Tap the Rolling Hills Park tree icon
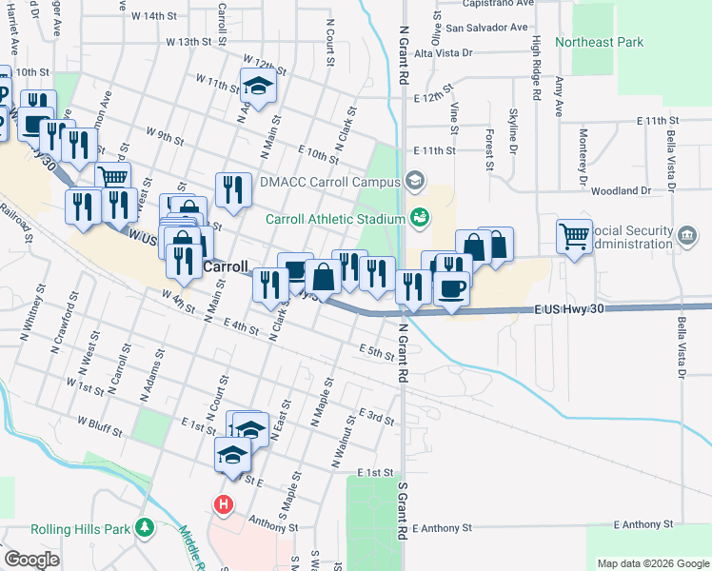pyautogui.click(x=145, y=526)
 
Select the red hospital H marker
pyautogui.click(x=224, y=504)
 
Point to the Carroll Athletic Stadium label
pyautogui.click(x=335, y=219)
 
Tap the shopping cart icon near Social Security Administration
pyautogui.click(x=575, y=235)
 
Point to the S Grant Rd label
pyautogui.click(x=402, y=510)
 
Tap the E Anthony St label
pyautogui.click(x=643, y=524)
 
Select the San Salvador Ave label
pyautogui.click(x=483, y=28)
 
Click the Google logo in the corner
pyautogui.click(x=31, y=560)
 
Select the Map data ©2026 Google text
pyautogui.click(x=652, y=563)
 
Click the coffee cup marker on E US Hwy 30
pyautogui.click(x=451, y=287)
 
